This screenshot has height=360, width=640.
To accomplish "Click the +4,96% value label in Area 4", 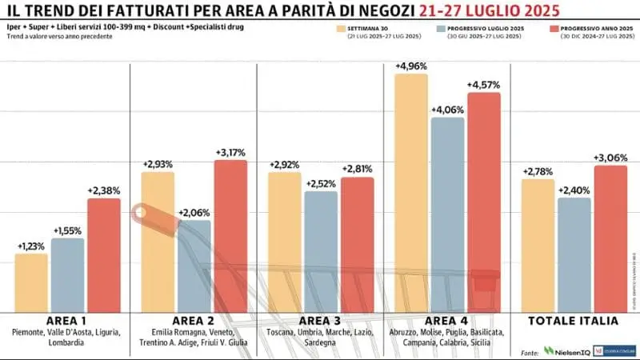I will coord(410,66).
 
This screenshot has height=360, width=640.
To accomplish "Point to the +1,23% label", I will coord(31,246).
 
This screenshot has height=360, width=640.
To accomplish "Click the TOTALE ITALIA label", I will coord(574,321).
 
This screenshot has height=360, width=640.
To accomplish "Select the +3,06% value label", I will coord(610,158).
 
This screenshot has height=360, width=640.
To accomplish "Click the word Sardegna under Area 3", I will coord(319,342).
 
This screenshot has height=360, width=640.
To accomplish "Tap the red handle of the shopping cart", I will coord(145,213).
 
